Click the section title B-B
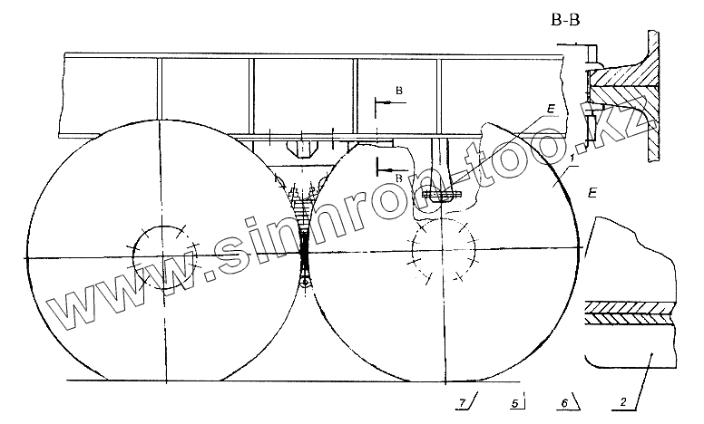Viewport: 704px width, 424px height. point(565,20)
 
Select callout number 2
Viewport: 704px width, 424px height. point(623,401)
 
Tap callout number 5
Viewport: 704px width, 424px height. point(516,403)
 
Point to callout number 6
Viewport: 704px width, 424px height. point(565,402)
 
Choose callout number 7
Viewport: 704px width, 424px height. point(463,402)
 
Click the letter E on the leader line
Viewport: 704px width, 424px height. point(551,109)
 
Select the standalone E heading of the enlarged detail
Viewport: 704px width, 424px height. point(592,193)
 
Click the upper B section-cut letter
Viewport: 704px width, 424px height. point(398,91)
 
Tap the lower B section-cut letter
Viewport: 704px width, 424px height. point(398,178)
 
